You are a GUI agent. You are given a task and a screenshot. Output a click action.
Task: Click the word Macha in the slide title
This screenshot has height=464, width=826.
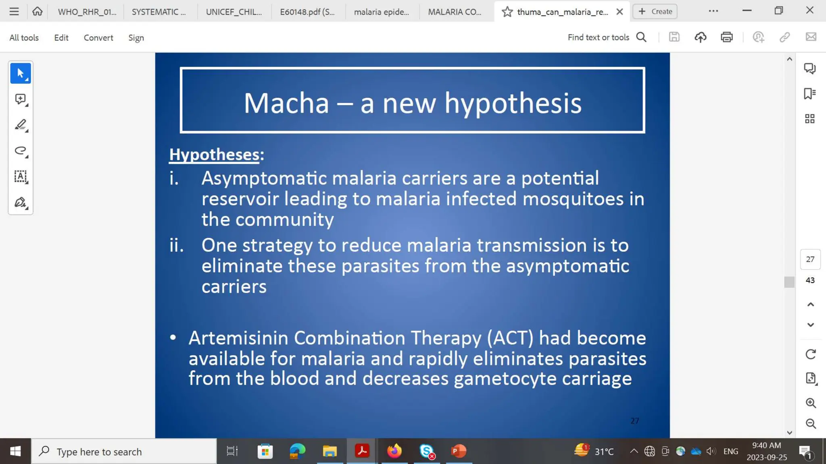(x=286, y=103)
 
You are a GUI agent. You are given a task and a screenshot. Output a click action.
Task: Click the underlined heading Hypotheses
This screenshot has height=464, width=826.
(x=214, y=155)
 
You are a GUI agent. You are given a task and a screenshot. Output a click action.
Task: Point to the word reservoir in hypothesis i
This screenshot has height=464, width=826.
(x=240, y=199)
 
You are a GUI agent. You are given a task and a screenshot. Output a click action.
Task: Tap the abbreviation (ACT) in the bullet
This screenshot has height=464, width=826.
(x=510, y=338)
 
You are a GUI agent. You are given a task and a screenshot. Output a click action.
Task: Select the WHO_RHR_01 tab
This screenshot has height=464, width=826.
(x=87, y=12)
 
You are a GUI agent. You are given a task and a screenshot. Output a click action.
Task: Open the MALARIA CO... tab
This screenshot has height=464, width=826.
(x=455, y=12)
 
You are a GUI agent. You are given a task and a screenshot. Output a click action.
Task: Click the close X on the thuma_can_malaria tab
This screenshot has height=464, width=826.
(x=619, y=12)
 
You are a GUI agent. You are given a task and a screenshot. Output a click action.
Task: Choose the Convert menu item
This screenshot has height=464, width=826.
(x=98, y=37)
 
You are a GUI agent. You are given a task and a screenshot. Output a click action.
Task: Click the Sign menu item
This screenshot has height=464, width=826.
(x=136, y=37)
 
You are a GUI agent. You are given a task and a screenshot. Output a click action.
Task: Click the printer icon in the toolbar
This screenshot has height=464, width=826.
(x=726, y=37)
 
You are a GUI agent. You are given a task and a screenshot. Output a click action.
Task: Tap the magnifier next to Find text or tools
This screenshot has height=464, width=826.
(x=641, y=37)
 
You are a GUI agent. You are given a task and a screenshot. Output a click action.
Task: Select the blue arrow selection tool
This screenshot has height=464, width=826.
(x=21, y=73)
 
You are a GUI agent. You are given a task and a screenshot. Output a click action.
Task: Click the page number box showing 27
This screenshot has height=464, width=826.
(x=810, y=259)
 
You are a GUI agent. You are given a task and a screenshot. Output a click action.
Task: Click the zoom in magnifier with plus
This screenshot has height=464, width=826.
(x=811, y=403)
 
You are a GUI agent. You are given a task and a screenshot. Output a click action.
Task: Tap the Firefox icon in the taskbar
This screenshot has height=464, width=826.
(x=394, y=451)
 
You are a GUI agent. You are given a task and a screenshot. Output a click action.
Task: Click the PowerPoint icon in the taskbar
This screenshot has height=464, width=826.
(x=459, y=451)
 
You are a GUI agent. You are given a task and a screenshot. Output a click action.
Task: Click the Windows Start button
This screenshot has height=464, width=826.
(x=15, y=451)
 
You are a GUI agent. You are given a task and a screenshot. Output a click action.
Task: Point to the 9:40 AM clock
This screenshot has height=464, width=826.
(x=766, y=445)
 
